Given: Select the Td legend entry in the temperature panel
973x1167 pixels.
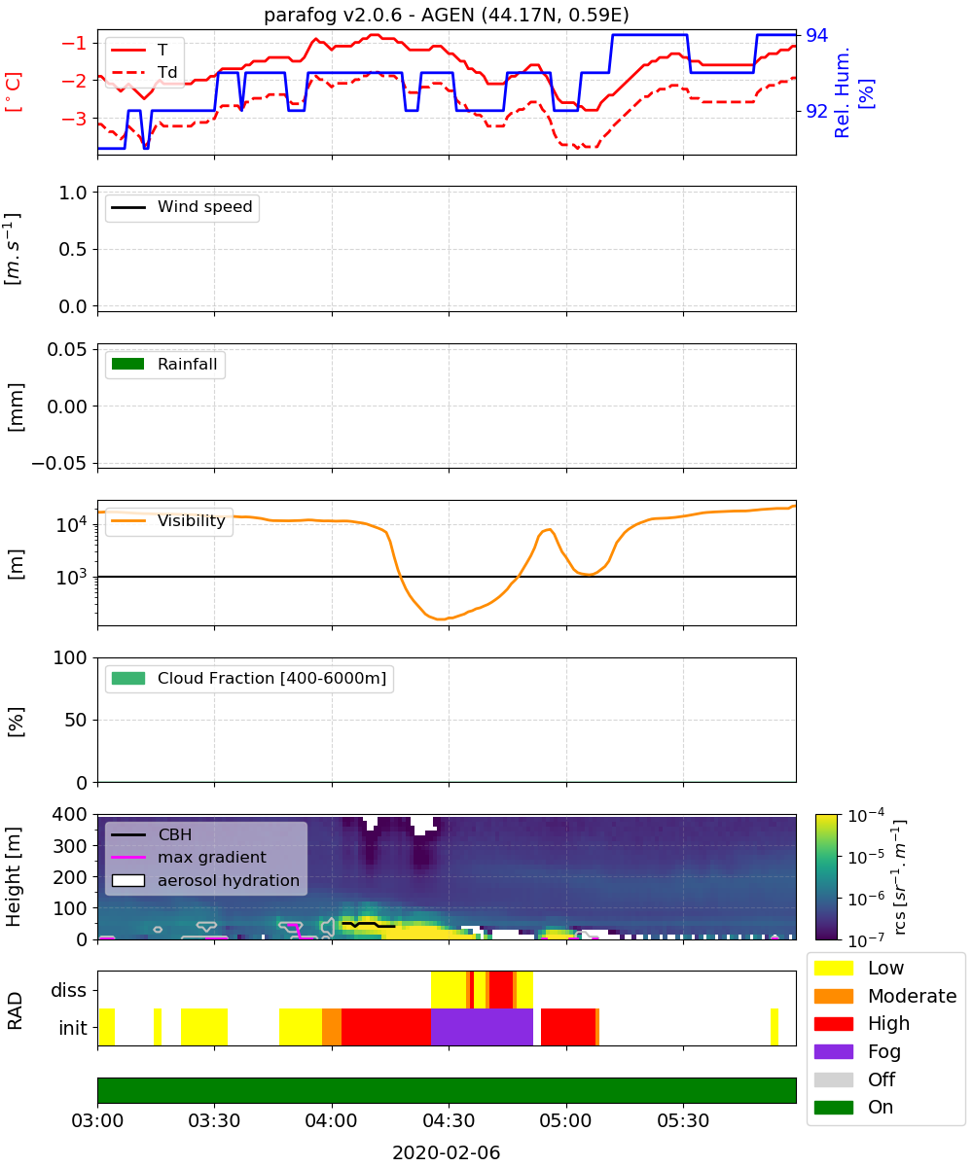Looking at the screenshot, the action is click(x=144, y=72).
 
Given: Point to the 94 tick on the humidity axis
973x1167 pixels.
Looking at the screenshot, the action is click(x=816, y=35).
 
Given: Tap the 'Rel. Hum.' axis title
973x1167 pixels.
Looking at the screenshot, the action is click(x=841, y=92).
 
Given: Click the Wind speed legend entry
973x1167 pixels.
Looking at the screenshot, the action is click(x=182, y=207).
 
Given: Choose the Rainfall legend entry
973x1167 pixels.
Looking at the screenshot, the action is click(x=164, y=364).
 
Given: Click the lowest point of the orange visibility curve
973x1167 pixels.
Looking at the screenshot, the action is click(x=440, y=619).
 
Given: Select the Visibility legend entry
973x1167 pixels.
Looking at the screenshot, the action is click(x=167, y=520).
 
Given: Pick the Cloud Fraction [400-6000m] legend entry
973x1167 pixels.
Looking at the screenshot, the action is click(x=249, y=678).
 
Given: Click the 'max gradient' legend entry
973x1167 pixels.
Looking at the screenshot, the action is click(x=189, y=857).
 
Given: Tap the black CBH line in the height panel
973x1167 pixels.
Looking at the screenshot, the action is click(x=369, y=925).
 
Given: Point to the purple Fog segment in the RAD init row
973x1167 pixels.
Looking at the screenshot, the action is click(x=482, y=1027).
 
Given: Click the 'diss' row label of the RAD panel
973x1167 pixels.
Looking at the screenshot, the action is click(x=68, y=990).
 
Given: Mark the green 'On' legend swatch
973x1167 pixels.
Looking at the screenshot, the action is click(x=833, y=1108).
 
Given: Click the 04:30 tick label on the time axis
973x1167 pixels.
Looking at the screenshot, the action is click(x=449, y=1120).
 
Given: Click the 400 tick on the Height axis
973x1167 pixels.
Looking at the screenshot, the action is click(x=69, y=814).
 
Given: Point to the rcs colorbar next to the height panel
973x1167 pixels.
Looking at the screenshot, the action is click(x=826, y=876).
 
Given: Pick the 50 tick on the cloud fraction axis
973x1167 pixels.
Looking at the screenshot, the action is click(x=76, y=720).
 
